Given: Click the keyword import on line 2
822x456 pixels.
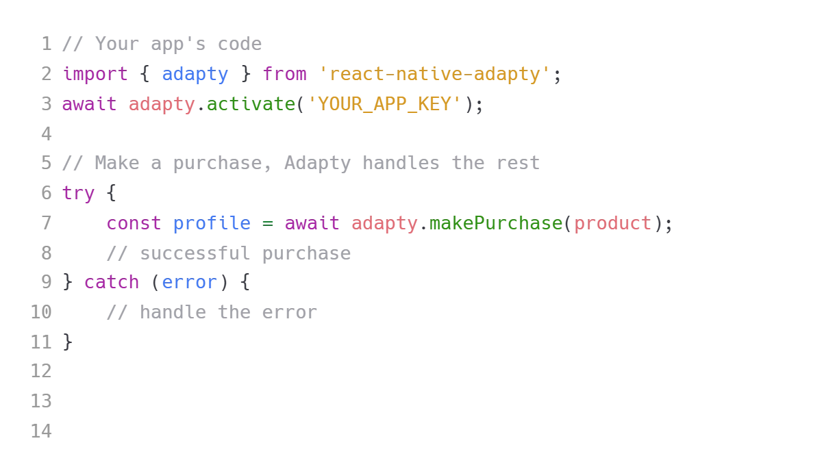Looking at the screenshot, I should pos(96,74).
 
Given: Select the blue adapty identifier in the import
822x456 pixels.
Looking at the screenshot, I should pos(195,74).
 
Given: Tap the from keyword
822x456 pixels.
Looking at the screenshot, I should pos(284,74).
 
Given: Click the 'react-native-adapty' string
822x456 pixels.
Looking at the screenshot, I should pos(434,74).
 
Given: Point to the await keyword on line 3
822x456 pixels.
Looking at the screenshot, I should pos(90,105).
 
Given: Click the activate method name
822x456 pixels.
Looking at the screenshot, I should pos(251,105).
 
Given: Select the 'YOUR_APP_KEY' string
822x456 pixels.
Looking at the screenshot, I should pos(384,105).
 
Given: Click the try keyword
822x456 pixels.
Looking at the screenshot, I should pos(79,194).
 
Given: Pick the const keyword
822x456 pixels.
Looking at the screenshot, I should pos(134,224).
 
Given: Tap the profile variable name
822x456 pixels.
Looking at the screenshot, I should pos(212,224).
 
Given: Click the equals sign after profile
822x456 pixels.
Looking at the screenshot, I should pos(268,224).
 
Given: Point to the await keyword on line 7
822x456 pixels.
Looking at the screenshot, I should pos(312,224).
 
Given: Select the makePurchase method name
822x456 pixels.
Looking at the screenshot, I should pos(495,224).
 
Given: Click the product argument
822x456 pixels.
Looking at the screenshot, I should pos(612,224).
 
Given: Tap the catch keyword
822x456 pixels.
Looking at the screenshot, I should pos(112,282).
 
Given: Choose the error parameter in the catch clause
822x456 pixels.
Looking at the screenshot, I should pos(190,282).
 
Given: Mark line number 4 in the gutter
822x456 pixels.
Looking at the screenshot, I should pos(45,134).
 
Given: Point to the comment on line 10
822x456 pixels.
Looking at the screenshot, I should pos(210,314).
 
